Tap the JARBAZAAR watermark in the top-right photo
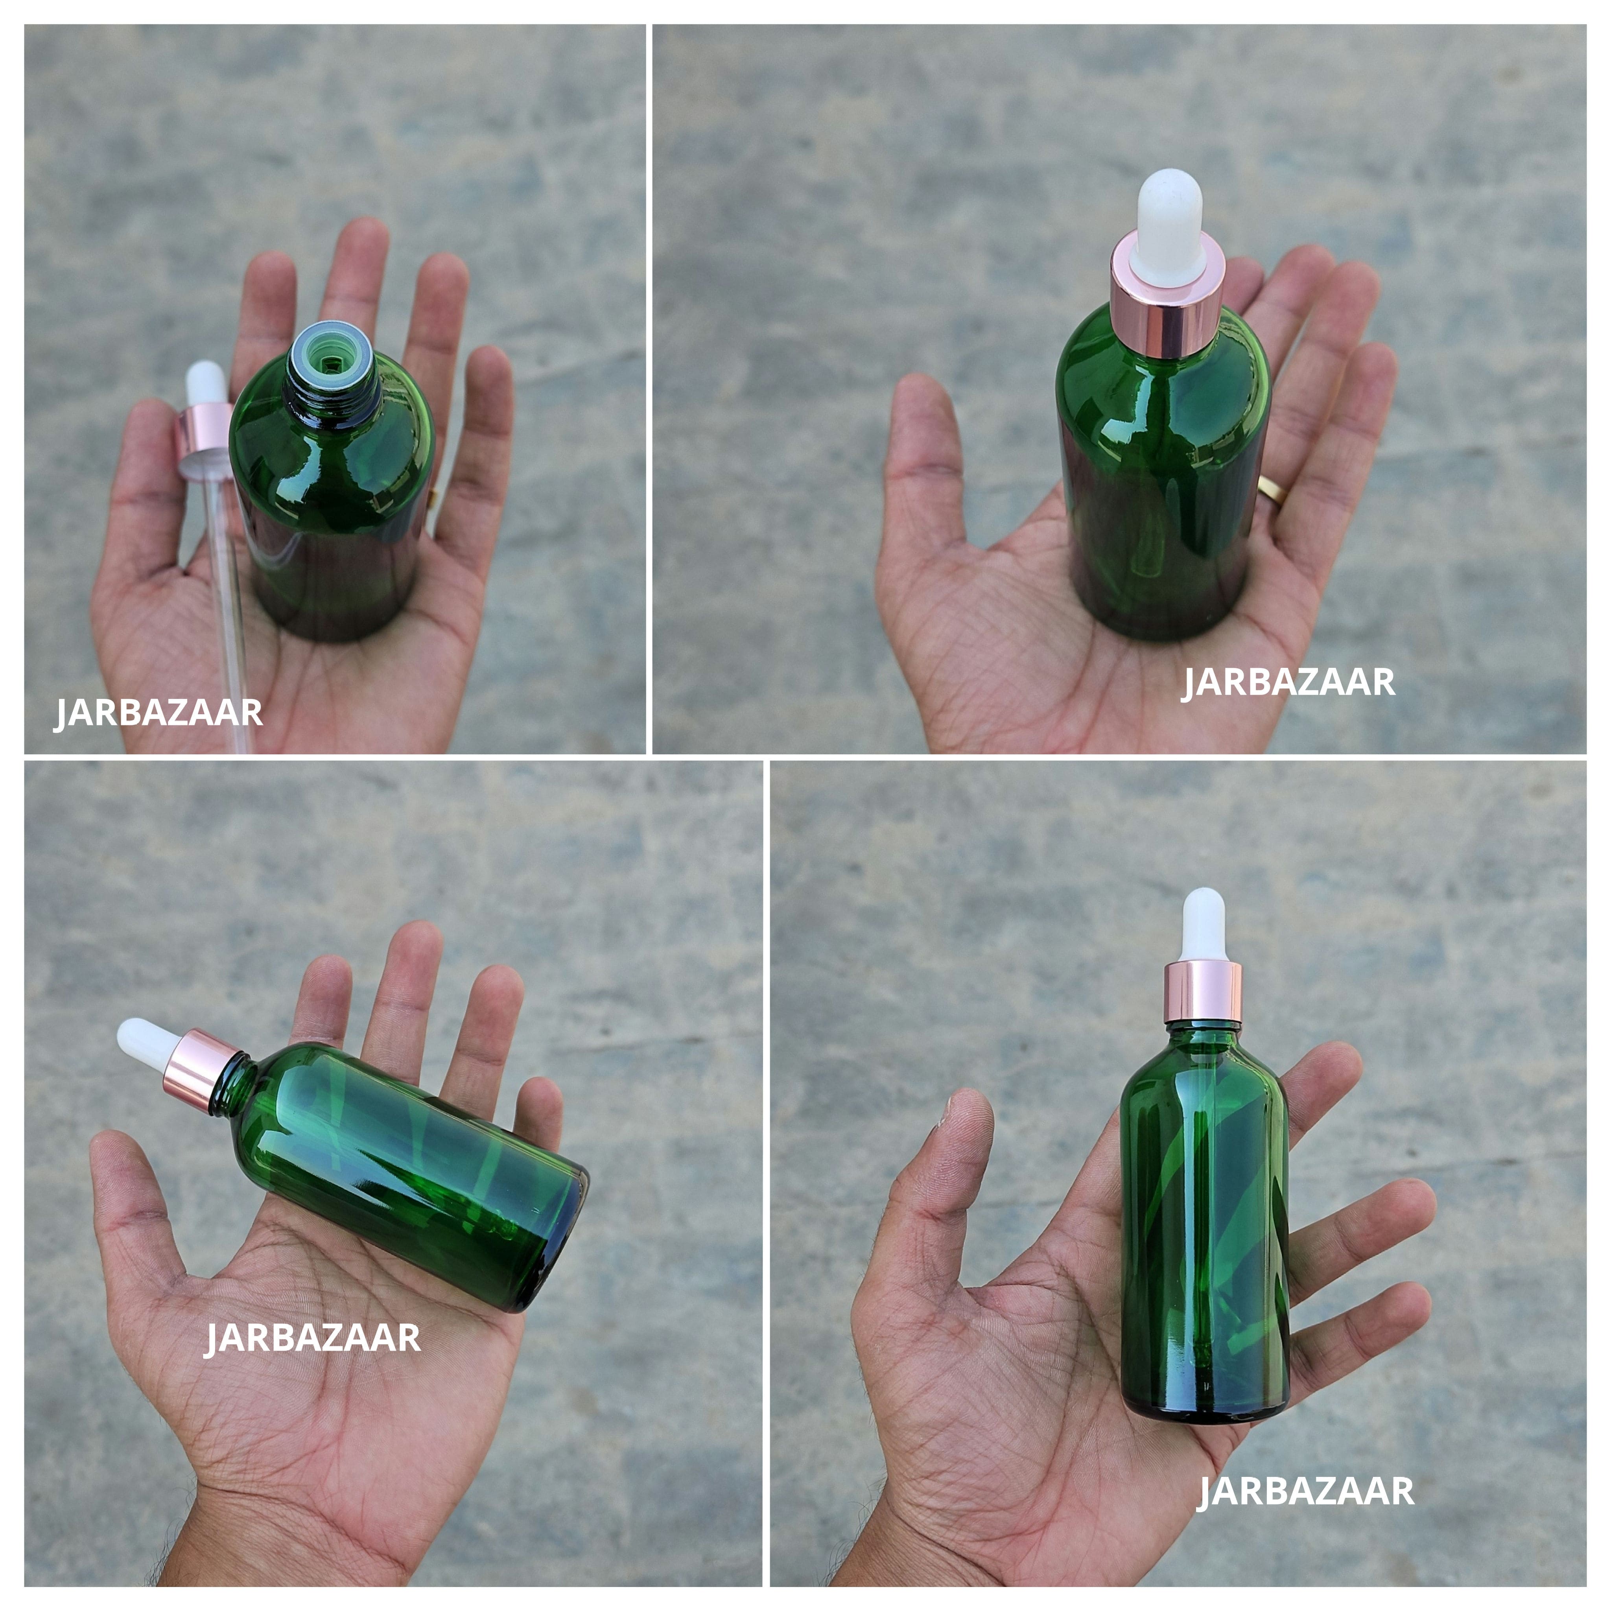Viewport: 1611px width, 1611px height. point(1288,682)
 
